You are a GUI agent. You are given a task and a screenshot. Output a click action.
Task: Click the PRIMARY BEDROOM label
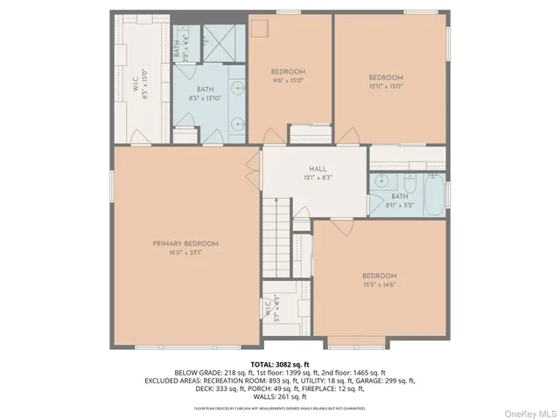coord(185,243)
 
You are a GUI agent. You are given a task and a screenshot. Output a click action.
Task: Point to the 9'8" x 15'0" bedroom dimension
coord(287,80)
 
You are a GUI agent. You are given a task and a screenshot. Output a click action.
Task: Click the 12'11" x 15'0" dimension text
coord(385,86)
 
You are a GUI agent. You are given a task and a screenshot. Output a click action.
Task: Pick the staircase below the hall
coord(275,235)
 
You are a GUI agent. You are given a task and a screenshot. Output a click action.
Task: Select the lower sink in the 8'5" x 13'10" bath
coord(238,122)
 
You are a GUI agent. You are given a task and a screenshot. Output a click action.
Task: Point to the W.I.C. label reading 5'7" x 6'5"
coord(271,309)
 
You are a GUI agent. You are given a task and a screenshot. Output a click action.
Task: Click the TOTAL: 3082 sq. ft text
coord(280,364)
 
